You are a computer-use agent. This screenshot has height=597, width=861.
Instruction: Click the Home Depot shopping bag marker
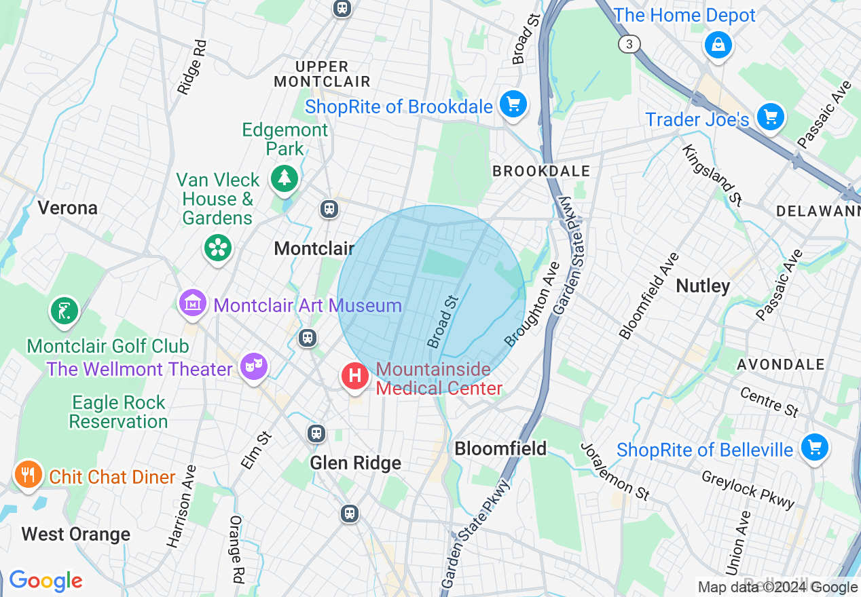coord(718,46)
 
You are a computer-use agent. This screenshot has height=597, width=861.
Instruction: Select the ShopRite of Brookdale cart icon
coord(513,105)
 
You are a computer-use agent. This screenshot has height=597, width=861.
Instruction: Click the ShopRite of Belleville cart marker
coord(814,448)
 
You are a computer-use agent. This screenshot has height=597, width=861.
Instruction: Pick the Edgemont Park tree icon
coord(285,179)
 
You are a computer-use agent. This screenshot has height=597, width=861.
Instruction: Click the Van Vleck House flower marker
coord(218,248)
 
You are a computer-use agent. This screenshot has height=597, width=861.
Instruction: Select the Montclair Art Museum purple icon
coord(194,303)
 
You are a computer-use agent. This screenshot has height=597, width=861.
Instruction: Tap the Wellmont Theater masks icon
coord(253,367)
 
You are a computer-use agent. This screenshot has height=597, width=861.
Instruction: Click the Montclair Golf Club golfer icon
coord(64,311)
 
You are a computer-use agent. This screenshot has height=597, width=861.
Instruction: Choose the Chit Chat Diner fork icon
coord(28,474)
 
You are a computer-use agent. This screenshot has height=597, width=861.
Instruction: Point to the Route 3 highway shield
coord(629,44)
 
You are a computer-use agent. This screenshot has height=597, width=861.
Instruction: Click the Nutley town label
coord(703,286)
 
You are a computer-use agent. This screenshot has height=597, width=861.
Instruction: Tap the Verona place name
coord(67,208)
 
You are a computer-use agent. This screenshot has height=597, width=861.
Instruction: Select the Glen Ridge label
coord(355,463)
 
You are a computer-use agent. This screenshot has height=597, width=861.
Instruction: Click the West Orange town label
coord(75,535)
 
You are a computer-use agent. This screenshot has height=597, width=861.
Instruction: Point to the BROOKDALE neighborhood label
coord(541,171)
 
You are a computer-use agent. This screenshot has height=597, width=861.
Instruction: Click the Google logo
coord(45,581)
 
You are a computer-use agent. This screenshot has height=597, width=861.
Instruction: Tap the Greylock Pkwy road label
coord(748,490)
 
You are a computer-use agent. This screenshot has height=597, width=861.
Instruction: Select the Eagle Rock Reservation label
coord(118,412)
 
